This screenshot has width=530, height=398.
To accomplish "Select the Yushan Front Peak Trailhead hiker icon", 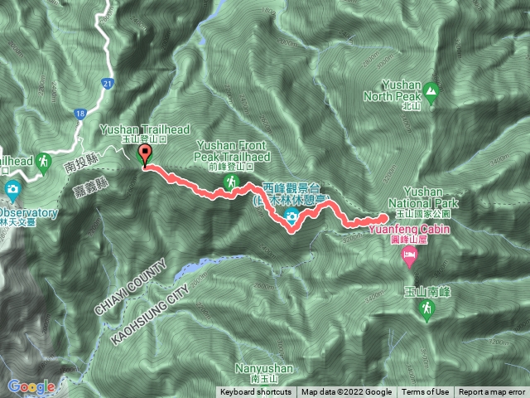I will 234,181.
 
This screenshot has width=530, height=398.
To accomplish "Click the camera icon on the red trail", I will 291,217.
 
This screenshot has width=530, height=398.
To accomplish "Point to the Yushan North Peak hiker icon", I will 431,90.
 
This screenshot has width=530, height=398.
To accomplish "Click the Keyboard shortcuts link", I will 255,392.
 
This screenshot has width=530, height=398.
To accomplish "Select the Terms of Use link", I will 426,392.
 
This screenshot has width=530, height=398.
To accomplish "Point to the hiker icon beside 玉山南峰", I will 425,310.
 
